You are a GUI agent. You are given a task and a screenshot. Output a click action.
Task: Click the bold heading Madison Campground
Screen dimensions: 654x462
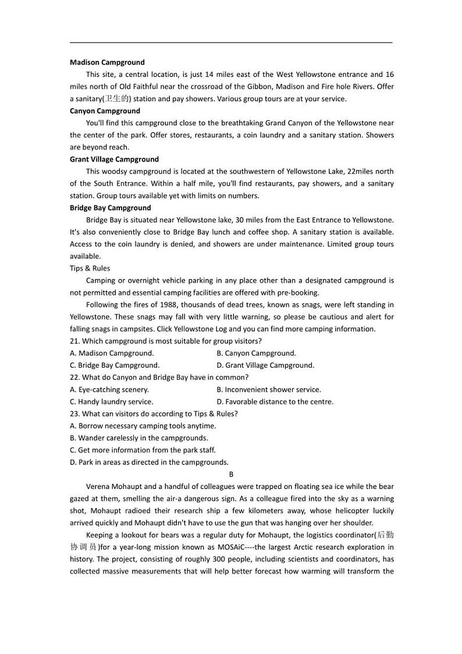coord(107,62)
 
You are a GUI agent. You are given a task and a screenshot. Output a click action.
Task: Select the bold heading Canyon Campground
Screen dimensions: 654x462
coord(105,111)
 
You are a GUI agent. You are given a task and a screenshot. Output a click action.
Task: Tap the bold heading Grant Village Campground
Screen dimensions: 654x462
coord(114,159)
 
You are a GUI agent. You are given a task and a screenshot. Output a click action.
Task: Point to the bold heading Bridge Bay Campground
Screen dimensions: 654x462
coord(110,208)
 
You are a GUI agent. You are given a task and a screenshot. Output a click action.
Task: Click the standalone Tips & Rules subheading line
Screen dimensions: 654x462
coord(90,268)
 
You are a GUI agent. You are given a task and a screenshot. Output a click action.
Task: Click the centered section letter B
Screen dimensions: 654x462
coord(231,474)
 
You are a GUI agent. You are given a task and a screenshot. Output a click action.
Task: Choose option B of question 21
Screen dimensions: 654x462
coord(256,353)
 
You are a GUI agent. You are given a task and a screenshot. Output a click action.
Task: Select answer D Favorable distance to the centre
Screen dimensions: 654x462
coord(275,401)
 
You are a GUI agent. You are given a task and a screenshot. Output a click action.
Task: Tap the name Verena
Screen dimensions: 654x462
coord(98,486)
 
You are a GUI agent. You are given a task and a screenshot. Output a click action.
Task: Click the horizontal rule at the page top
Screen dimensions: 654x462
coord(231,42)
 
